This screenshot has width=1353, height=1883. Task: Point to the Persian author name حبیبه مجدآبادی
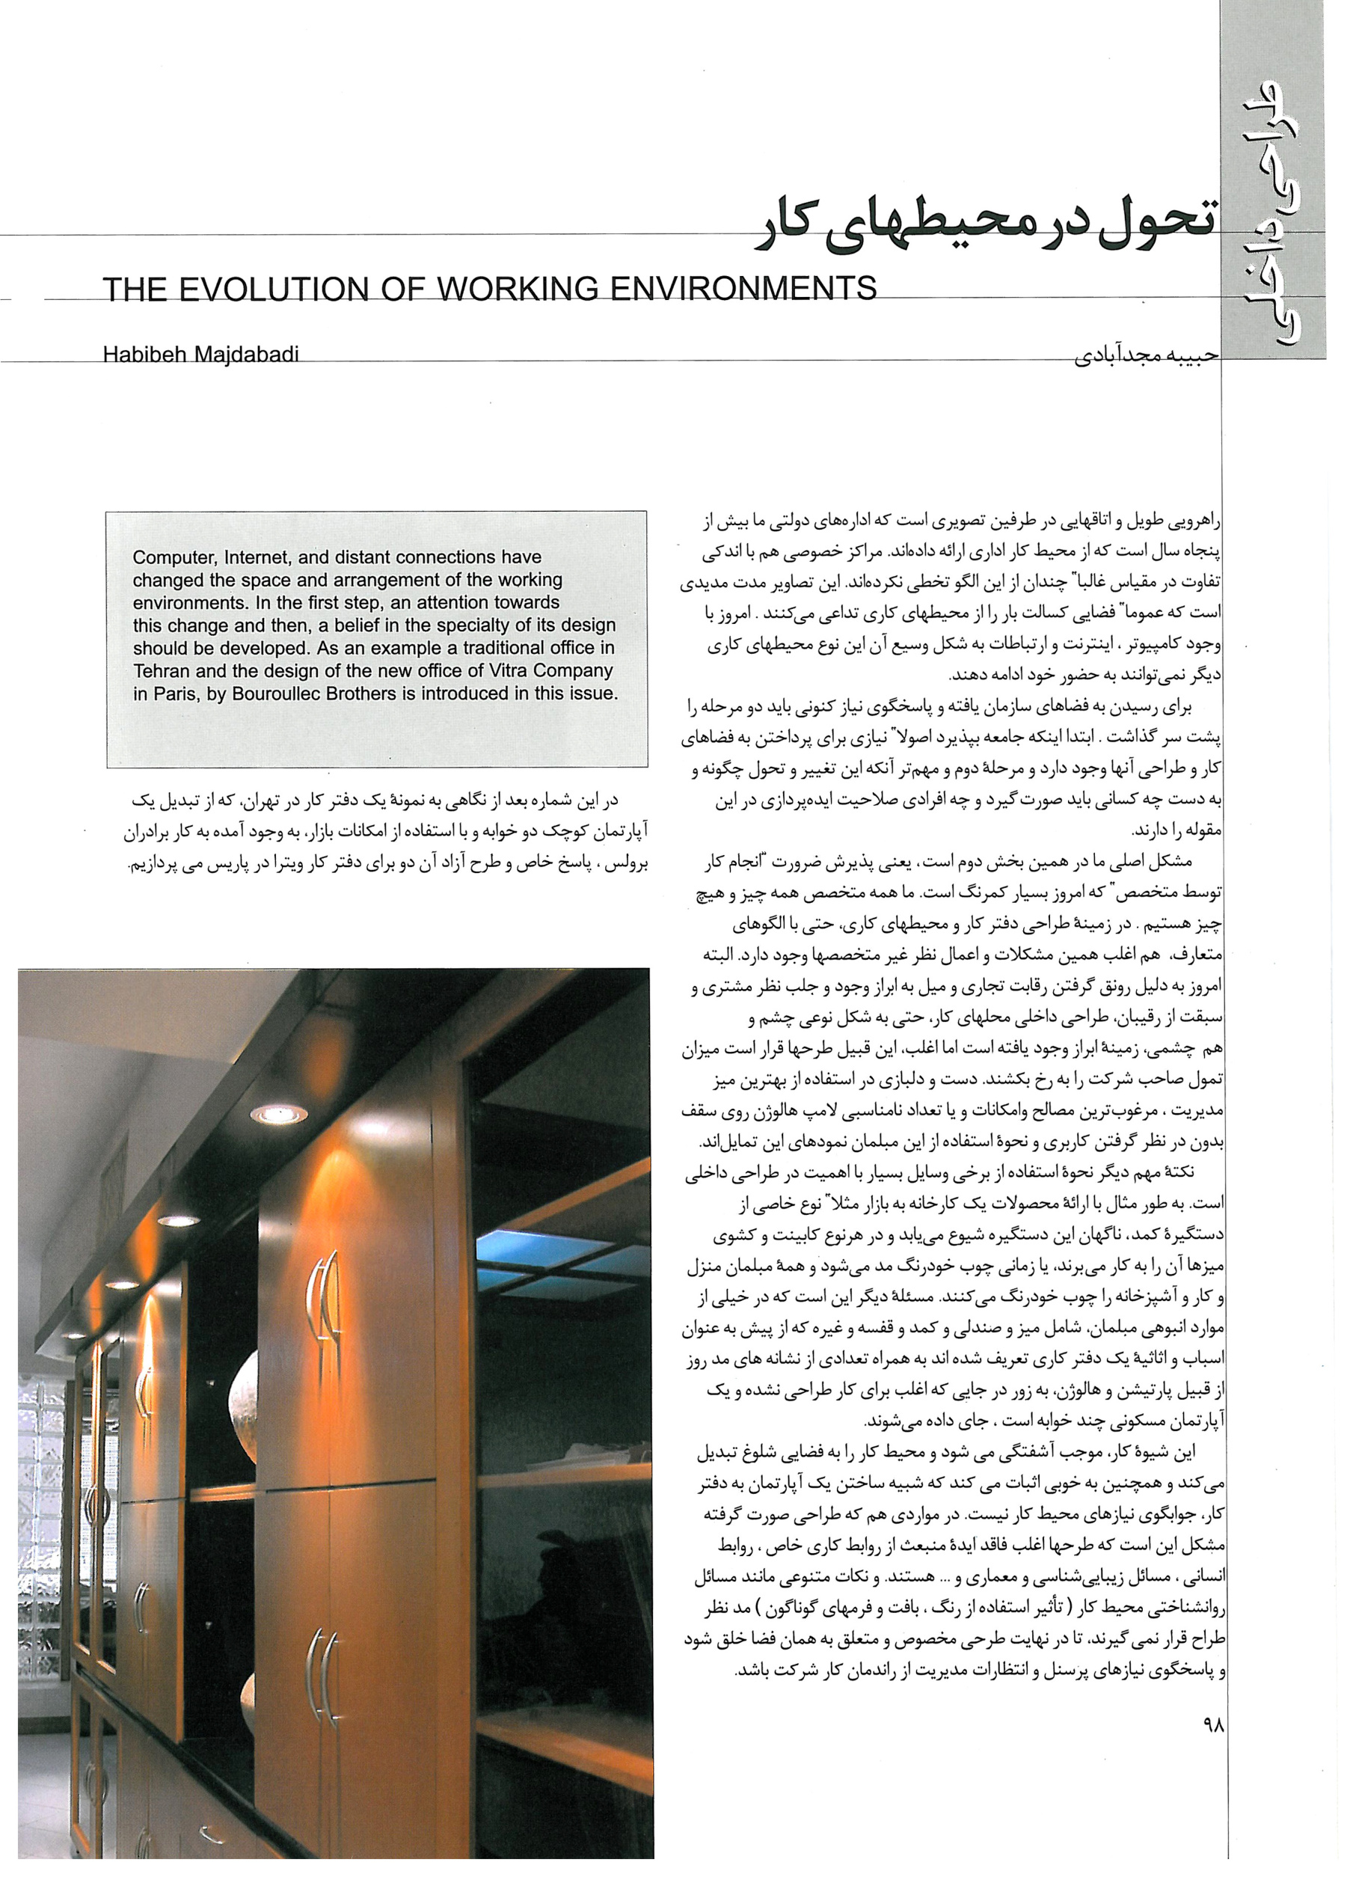pyautogui.click(x=1146, y=357)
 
